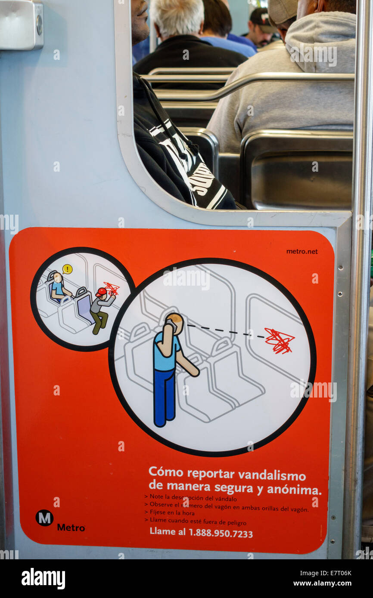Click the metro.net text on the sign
pos(302,251)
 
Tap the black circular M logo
pos(44,518)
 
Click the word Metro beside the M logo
pos(71,527)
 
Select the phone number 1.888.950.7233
pos(221,533)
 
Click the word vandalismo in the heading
pos(272,475)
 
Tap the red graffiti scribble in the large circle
pos(280,341)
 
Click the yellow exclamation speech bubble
pos(67,269)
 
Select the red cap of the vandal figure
pos(101,292)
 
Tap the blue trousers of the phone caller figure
pos(164,398)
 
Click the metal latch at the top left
pos(22,24)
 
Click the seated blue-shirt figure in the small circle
pos(58,287)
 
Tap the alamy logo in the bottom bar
pos(44,579)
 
